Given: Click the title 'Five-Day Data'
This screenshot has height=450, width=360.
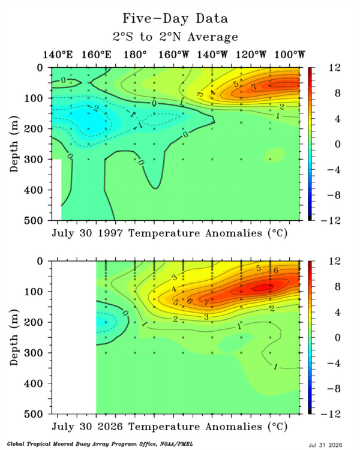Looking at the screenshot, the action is (x=175, y=19).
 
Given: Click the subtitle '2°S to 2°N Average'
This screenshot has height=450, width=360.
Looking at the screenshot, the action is (x=175, y=37).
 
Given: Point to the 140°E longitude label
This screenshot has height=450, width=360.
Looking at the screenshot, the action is (x=58, y=55).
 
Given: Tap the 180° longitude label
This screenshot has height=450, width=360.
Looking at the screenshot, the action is (x=135, y=55).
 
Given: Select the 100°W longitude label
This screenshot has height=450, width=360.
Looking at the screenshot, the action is (x=289, y=55).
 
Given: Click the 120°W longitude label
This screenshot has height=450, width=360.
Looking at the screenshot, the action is (x=251, y=55).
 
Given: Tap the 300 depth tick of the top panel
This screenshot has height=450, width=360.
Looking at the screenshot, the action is (x=34, y=159).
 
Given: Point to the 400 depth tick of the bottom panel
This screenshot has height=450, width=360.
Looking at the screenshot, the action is (x=34, y=383).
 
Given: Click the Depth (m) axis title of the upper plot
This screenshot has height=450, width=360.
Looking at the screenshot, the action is (x=14, y=144).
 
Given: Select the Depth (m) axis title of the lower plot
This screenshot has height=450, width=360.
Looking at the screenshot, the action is (x=14, y=337).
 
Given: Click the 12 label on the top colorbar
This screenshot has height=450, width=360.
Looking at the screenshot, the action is (x=335, y=68).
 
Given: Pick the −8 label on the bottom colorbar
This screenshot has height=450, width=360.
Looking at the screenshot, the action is (x=334, y=389).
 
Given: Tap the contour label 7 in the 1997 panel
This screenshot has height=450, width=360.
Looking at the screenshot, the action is (x=254, y=86).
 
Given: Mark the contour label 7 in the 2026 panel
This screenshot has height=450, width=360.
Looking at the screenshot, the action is (x=206, y=302).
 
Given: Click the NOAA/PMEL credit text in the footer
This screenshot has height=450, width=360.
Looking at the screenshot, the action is (x=100, y=444).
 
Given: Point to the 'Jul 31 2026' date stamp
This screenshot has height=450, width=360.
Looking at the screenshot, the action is (x=326, y=445).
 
